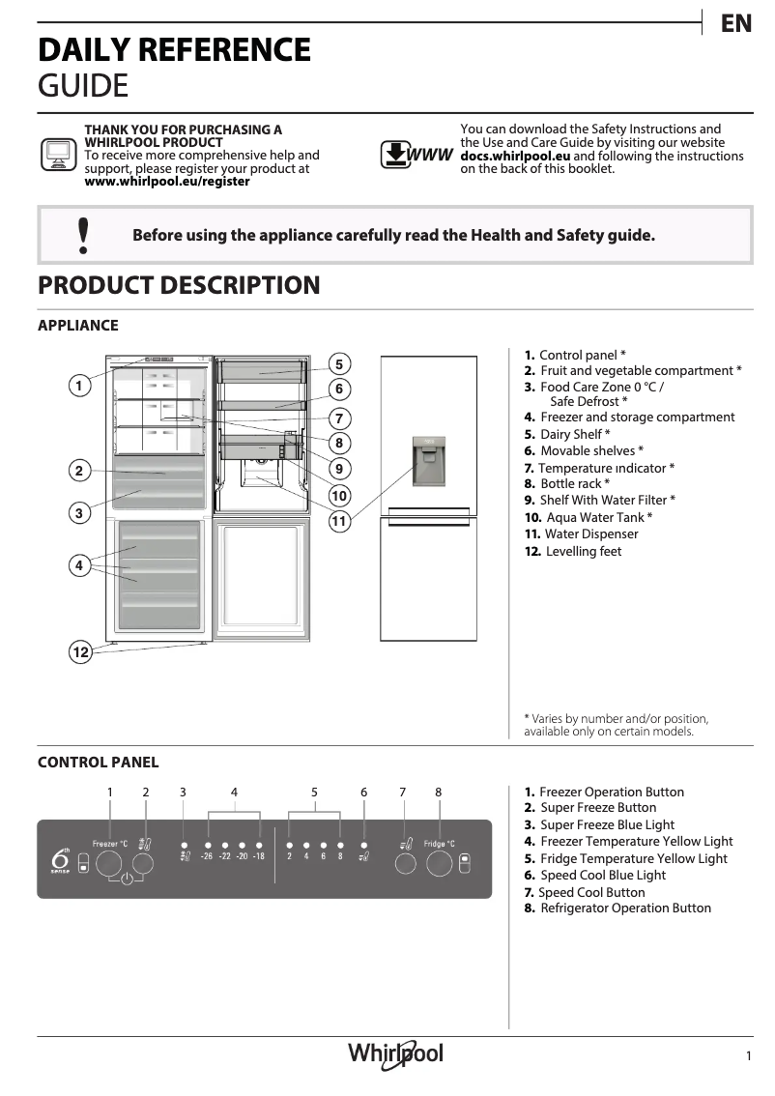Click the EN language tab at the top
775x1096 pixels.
[736, 24]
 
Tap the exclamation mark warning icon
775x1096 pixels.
[83, 235]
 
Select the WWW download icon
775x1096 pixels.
[416, 155]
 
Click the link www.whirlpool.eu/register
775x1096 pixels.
[167, 181]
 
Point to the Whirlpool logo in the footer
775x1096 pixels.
[396, 1053]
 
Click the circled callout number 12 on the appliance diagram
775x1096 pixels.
[80, 652]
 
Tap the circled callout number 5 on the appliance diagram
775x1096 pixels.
[339, 364]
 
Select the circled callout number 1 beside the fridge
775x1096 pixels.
[80, 386]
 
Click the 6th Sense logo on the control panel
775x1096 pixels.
[60, 857]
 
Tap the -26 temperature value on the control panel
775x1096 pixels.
[207, 856]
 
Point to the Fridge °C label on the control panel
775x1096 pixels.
[439, 844]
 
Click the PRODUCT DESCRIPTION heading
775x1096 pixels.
[179, 285]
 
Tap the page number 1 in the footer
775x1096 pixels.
[748, 1056]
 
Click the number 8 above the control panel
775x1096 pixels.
[438, 792]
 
